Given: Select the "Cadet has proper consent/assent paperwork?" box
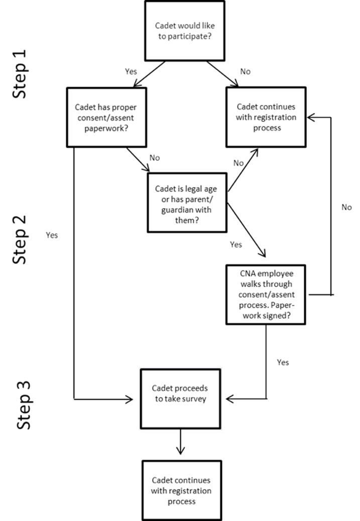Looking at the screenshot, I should tap(106, 117).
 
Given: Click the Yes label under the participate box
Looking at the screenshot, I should tap(131, 72).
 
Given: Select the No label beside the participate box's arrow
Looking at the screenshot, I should tap(245, 72).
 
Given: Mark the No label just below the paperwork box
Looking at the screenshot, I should tap(155, 158).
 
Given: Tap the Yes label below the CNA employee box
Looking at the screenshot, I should tap(283, 362).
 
